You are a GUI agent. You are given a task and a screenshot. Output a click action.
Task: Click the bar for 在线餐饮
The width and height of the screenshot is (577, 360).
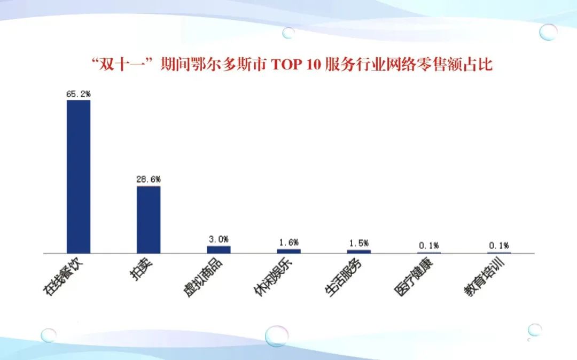click(x=79, y=176)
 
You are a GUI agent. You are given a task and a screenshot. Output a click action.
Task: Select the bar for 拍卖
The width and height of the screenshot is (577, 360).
click(x=149, y=220)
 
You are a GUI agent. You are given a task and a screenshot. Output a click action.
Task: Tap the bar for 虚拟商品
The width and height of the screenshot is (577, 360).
click(x=219, y=249)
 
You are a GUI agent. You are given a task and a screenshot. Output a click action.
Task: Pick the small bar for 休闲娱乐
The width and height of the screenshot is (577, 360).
click(x=289, y=251)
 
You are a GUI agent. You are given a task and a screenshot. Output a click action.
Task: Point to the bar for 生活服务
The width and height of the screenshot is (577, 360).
click(x=359, y=252)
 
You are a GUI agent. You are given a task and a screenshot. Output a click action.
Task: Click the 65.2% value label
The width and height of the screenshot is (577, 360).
click(x=79, y=94)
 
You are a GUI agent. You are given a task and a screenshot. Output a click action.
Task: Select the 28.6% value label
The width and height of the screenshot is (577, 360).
click(x=149, y=179)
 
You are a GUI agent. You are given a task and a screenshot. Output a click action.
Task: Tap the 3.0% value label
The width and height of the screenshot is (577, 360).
click(x=219, y=239)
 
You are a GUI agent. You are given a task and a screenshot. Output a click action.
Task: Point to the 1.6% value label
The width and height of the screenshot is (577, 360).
click(x=289, y=242)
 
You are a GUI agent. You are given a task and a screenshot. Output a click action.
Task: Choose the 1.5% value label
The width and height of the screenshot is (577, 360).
click(x=359, y=243)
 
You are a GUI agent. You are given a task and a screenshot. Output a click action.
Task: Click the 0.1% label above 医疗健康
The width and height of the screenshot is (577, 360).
click(x=428, y=245)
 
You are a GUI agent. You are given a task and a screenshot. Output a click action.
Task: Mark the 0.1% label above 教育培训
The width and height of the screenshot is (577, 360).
click(x=499, y=245)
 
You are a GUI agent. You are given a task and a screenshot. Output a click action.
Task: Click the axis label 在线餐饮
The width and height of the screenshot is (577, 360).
click(x=63, y=276)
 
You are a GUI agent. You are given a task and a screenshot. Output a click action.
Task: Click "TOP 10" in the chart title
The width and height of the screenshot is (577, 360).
click(x=296, y=64)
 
